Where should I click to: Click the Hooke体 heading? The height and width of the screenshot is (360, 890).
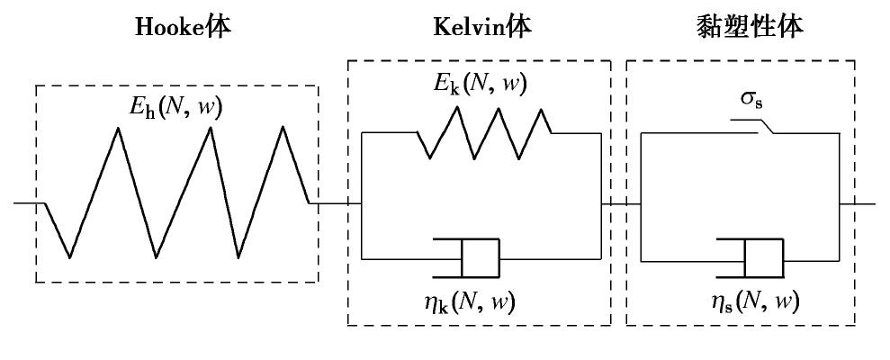(x=183, y=27)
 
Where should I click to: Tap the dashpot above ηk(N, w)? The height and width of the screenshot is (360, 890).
(x=469, y=257)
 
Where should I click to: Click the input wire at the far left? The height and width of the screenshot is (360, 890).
(x=27, y=202)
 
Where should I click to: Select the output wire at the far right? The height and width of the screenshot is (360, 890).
(x=859, y=202)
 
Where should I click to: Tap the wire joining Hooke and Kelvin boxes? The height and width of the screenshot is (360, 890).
(x=335, y=202)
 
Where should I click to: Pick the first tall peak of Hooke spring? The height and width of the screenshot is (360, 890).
(x=117, y=129)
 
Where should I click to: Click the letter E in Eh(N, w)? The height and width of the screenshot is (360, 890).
(x=135, y=109)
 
